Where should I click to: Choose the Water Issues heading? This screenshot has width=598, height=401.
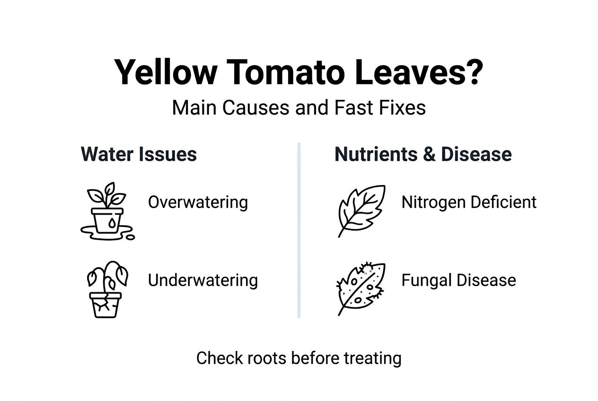[139, 154]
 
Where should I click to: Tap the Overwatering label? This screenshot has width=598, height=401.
[198, 202]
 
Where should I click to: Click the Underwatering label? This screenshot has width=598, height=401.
[202, 280]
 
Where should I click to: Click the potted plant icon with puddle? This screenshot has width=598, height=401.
[107, 211]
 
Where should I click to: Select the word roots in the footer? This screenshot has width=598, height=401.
[265, 358]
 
